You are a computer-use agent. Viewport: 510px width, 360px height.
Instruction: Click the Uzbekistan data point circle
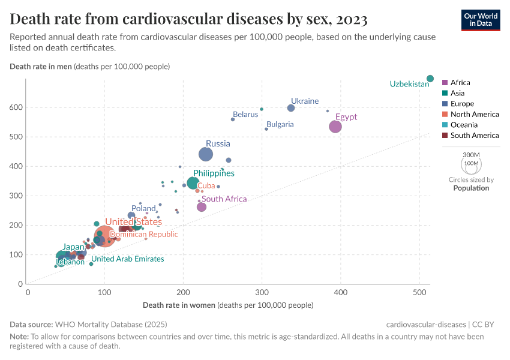(x=430, y=79)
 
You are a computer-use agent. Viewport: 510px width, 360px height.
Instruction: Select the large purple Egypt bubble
(x=335, y=127)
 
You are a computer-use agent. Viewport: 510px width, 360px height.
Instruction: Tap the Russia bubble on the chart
(x=206, y=154)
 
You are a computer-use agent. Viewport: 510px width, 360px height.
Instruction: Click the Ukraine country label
(x=305, y=101)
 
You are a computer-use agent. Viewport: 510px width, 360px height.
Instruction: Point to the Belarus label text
(x=245, y=114)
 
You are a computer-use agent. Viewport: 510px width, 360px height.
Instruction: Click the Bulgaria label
(x=280, y=124)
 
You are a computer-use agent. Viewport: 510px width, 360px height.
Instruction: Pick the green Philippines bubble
(x=193, y=183)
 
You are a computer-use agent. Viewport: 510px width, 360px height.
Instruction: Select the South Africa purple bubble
(x=202, y=207)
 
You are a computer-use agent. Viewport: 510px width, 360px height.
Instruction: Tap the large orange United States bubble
(x=104, y=236)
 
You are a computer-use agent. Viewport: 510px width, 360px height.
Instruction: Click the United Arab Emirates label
(x=127, y=259)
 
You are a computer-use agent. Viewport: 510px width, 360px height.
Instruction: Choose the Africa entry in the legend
(x=460, y=82)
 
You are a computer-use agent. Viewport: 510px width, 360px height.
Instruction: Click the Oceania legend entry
(x=464, y=125)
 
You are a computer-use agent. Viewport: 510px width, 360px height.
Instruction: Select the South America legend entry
(x=475, y=136)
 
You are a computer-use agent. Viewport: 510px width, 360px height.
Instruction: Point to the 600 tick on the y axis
(x=16, y=107)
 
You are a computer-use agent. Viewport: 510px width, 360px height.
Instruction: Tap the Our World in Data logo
(x=481, y=19)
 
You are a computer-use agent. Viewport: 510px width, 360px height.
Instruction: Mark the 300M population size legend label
(x=472, y=154)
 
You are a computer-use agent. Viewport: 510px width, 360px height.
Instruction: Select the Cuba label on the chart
(x=206, y=186)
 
